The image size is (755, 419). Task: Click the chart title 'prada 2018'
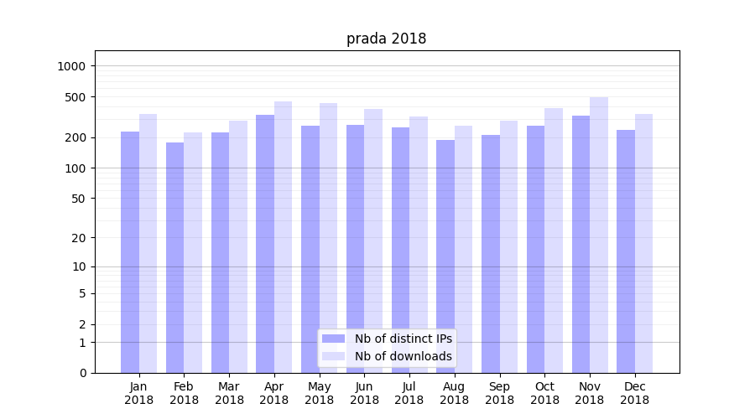point(386,39)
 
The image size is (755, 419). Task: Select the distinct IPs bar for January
point(130,251)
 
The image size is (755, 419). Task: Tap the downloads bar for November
point(599,235)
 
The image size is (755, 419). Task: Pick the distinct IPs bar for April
point(265,243)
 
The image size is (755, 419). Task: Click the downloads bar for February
point(193,251)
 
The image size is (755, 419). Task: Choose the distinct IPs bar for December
point(626,251)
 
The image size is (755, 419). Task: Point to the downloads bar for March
point(238,246)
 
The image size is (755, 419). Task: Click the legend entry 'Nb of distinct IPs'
point(403,339)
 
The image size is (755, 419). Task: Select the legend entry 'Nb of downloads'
point(403,356)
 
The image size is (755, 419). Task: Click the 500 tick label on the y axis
point(76,97)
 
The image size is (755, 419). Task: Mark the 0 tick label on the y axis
point(82,373)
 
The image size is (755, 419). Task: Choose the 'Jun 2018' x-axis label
point(364,393)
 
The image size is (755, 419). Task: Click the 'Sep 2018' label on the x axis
point(499,393)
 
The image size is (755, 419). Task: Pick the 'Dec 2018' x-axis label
point(634,393)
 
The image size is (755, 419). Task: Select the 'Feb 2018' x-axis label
point(184,393)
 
